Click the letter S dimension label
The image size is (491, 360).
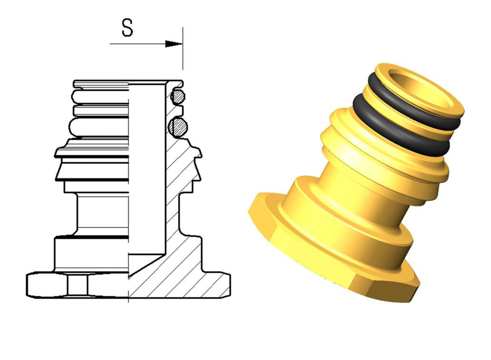point(128,28)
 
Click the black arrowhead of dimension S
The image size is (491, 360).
point(174,44)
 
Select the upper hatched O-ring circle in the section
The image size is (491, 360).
point(177,97)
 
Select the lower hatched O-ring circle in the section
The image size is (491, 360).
point(177,127)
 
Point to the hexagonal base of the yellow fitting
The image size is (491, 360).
point(332,257)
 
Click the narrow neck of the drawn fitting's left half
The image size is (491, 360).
point(102,214)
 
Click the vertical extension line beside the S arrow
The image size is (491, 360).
point(183,48)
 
